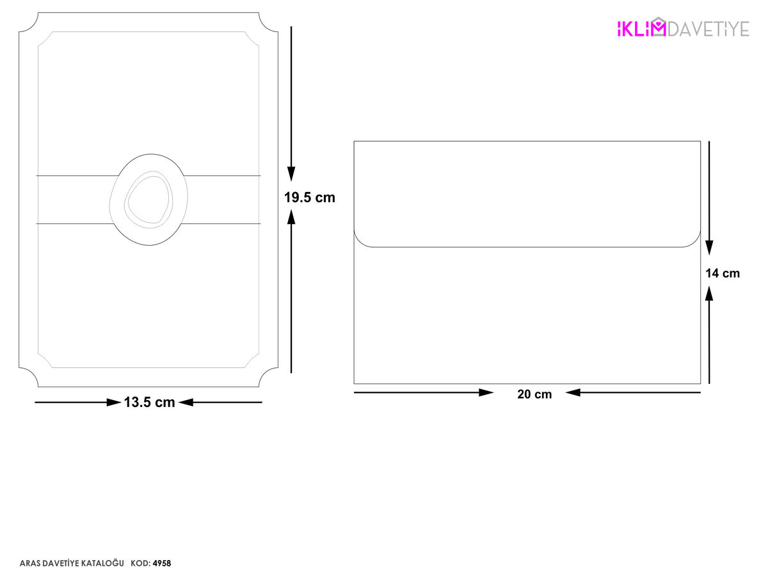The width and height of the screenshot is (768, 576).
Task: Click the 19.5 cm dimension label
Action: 309,198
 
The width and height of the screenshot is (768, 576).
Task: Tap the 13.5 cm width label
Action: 149,402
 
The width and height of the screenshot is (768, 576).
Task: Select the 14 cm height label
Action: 723,273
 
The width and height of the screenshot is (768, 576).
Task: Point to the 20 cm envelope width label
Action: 534,394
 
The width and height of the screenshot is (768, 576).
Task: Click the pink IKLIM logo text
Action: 641,28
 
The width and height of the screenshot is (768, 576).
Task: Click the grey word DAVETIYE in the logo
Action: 708,29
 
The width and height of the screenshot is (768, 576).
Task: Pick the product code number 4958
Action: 162,563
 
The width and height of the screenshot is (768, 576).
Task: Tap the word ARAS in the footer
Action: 28,563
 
